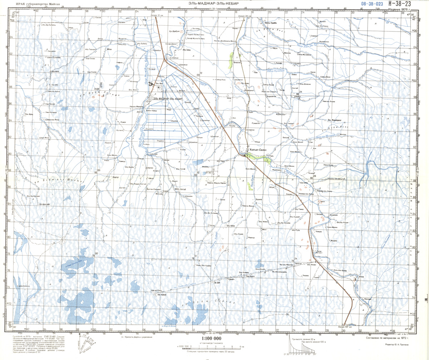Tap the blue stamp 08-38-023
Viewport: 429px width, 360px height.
372,4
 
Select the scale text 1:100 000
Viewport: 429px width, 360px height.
212,339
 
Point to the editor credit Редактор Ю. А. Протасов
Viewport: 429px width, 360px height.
401,344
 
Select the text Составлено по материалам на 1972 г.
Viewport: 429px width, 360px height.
391,337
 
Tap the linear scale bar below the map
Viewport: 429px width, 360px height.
211,346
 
